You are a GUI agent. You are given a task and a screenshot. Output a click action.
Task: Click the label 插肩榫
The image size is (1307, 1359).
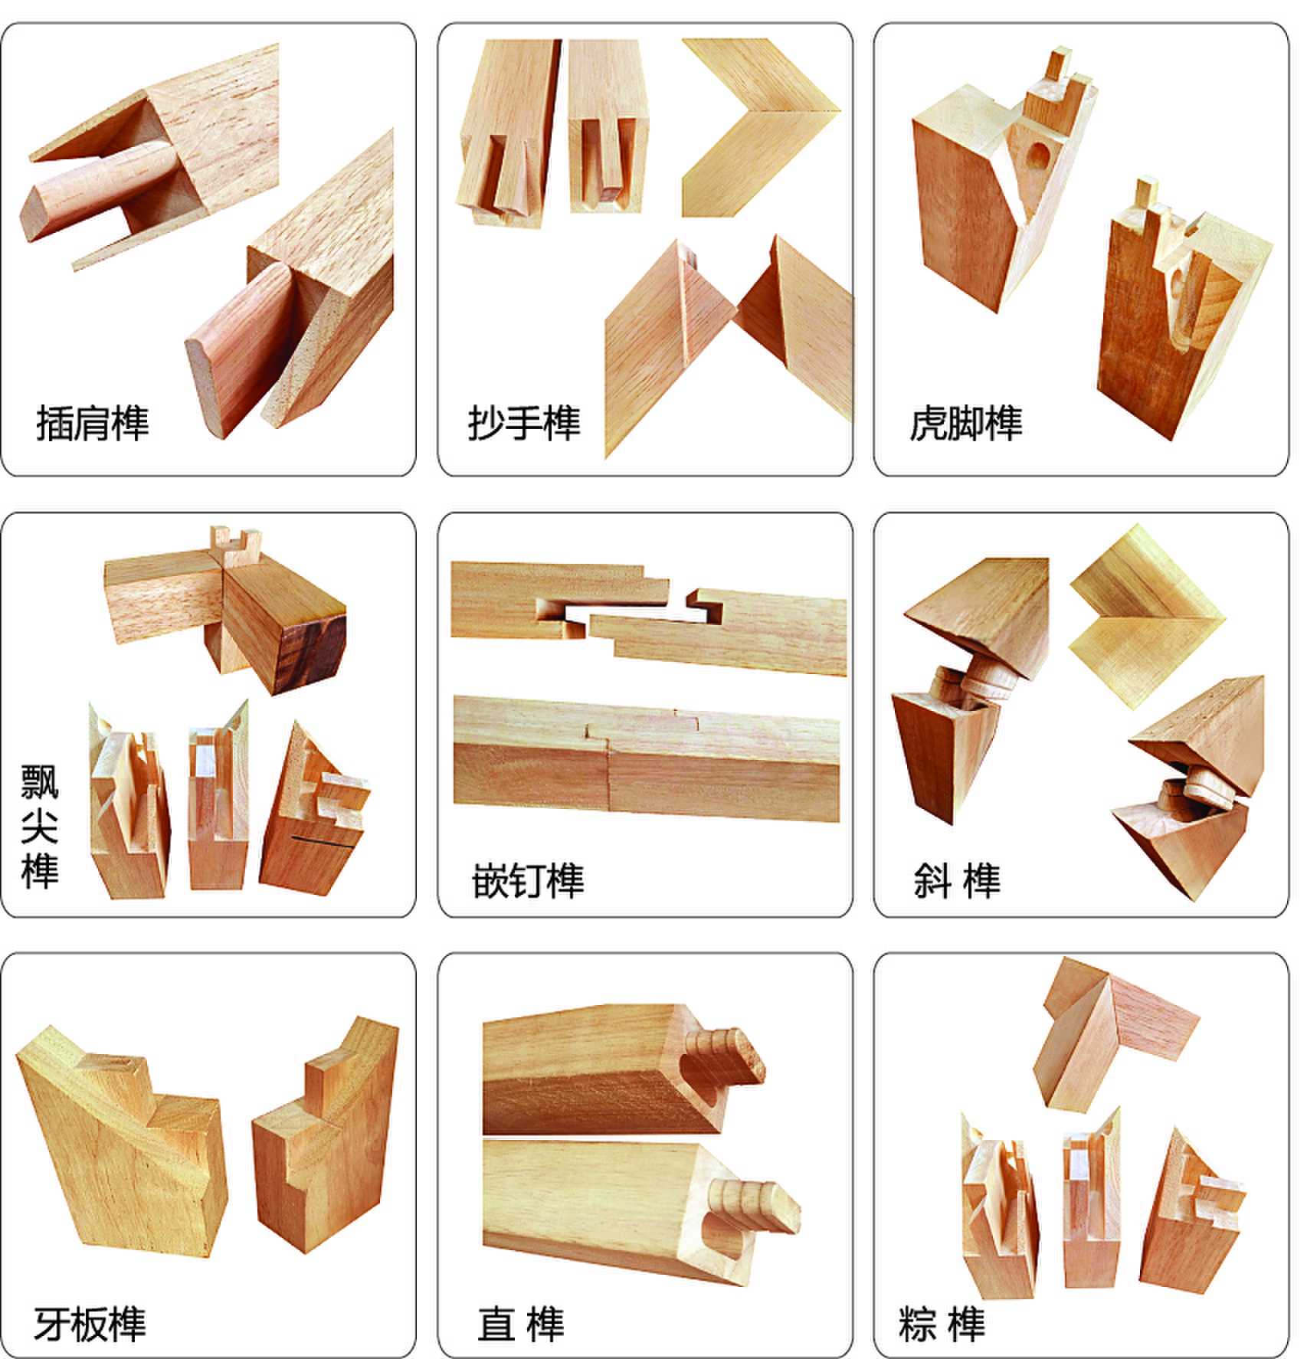93,423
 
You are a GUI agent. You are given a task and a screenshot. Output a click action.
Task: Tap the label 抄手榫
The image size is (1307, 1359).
525,423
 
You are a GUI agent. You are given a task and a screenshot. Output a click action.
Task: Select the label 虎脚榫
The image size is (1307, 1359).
966,423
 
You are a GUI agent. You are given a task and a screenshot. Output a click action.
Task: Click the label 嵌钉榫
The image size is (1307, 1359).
528,881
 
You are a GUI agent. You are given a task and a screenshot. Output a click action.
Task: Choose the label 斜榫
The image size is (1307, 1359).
957,881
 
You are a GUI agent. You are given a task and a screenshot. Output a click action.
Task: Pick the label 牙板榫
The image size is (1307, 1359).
90,1324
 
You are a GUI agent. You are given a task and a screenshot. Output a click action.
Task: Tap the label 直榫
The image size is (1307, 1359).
521,1324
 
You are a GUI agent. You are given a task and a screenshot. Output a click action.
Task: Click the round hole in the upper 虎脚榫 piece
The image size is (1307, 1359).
1040,157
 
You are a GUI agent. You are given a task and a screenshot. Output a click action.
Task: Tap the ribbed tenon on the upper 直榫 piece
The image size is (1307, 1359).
727,1055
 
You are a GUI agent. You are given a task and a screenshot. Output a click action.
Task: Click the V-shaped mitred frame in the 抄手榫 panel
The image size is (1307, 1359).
760,127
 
